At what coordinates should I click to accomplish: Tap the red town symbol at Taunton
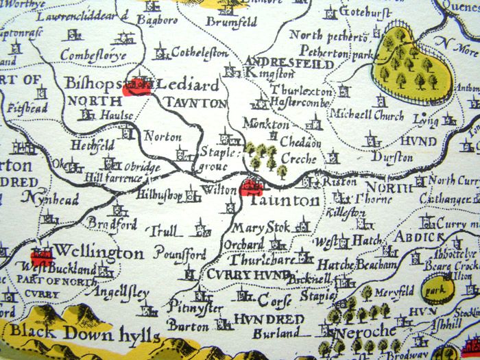[x=251, y=185]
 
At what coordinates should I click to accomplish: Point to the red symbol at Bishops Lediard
[x=136, y=84]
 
